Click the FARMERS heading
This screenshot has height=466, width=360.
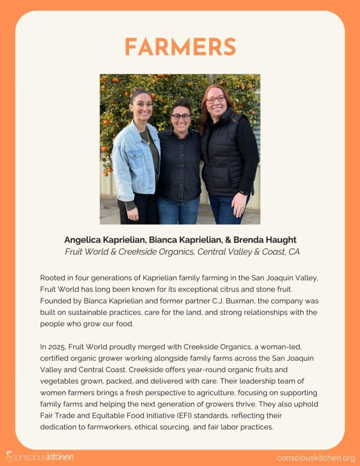coord(180,47)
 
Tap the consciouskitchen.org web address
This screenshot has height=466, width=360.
coord(315,457)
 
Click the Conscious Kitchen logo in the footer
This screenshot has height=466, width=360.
coord(40,457)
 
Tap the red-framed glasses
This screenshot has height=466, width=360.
coord(216,99)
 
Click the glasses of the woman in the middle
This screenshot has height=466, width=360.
coord(181,116)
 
